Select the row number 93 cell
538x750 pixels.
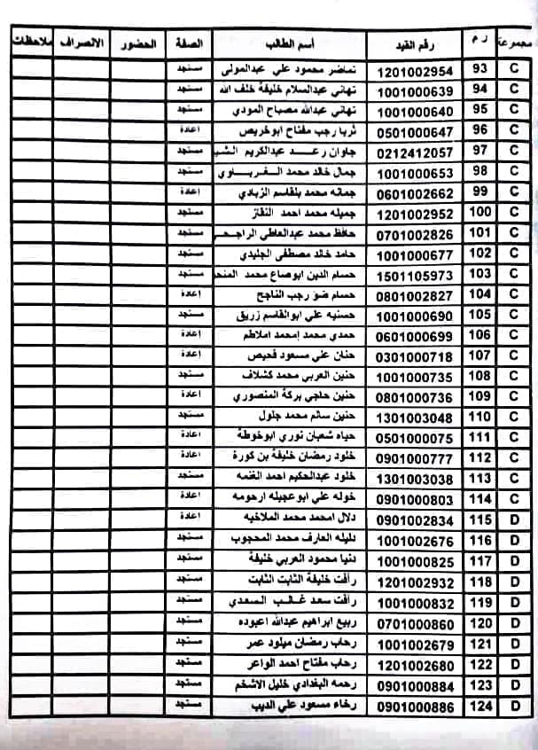(480, 69)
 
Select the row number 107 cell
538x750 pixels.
(480, 355)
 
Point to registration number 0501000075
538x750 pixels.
(415, 437)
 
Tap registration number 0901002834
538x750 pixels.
(415, 520)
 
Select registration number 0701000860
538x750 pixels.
(415, 624)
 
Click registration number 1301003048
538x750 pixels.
(415, 417)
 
